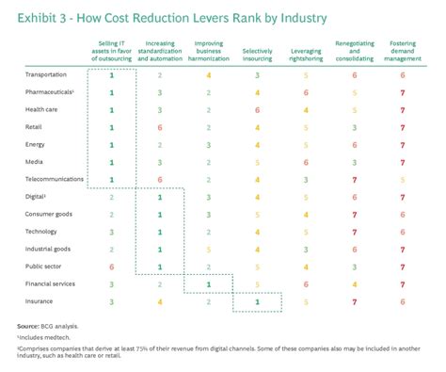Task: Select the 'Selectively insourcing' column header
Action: tap(257, 49)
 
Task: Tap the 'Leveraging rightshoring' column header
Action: tap(306, 49)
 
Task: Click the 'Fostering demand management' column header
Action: tap(403, 49)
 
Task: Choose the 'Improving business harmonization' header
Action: tap(208, 49)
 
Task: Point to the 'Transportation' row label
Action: tap(47, 74)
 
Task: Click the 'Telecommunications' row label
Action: tap(54, 178)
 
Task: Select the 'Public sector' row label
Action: tap(44, 267)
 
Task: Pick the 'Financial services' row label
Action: tap(51, 283)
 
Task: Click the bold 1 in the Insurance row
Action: tap(257, 301)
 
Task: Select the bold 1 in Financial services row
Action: tap(208, 283)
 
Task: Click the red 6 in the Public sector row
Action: tap(111, 267)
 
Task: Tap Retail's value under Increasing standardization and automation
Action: tap(160, 127)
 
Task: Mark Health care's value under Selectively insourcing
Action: tap(257, 110)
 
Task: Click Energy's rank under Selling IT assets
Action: tap(111, 145)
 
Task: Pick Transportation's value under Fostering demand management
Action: tap(403, 74)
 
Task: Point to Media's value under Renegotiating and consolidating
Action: tap(355, 162)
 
